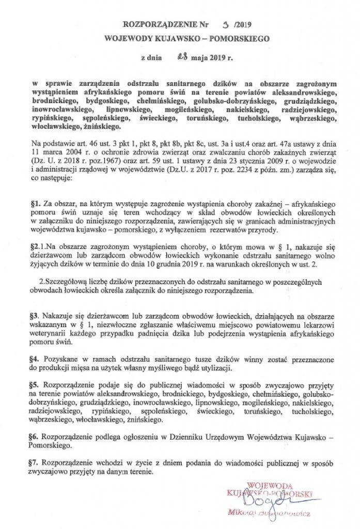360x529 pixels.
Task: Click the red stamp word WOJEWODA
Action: tap(271, 486)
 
